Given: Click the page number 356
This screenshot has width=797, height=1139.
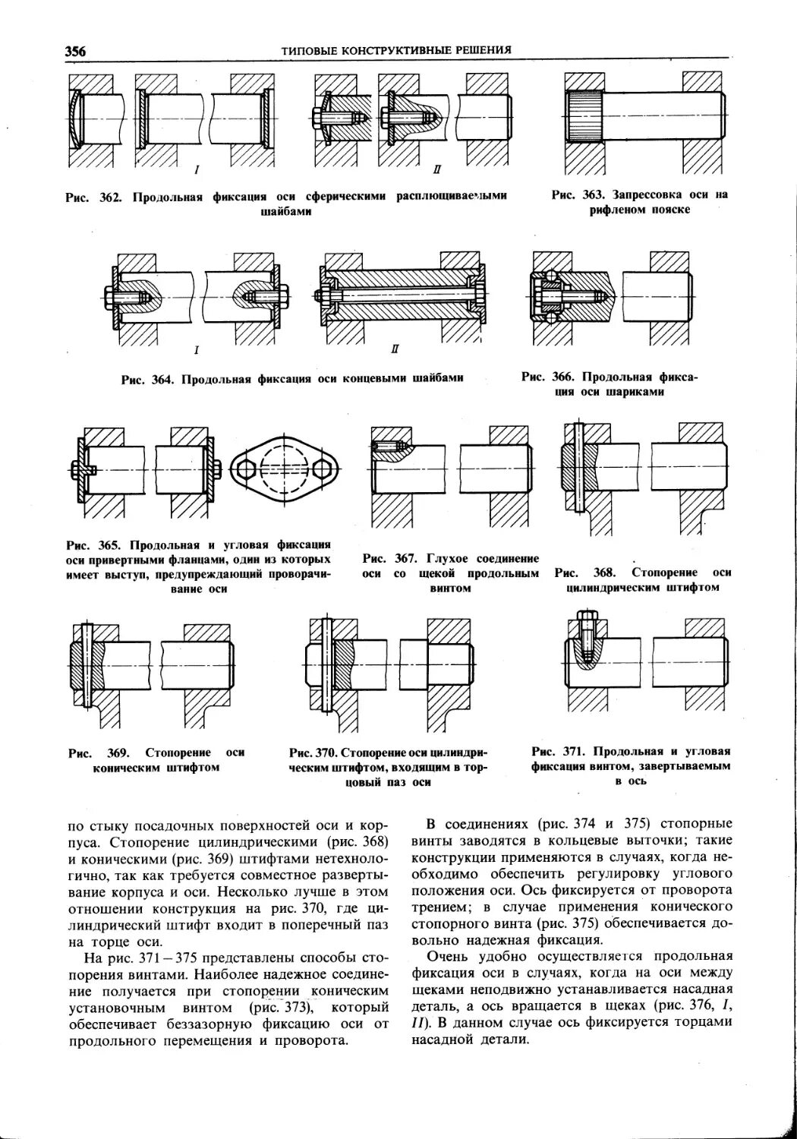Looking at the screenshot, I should pos(75,51).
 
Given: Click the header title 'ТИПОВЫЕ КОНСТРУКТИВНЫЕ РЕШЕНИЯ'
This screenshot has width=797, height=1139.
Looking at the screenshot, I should pos(395,50).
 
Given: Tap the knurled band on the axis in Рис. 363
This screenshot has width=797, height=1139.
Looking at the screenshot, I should pos(585,115).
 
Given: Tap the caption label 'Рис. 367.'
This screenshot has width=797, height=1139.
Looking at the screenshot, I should pos(388,558).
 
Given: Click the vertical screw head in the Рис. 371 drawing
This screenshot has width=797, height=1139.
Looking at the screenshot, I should pos(584,619).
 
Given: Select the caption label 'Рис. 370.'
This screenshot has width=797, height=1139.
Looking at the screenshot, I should pos(313,752).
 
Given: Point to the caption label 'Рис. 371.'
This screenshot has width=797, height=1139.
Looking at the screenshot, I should pos(558,751).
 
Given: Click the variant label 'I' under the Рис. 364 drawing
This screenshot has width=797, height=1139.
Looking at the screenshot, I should pos(197,350).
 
